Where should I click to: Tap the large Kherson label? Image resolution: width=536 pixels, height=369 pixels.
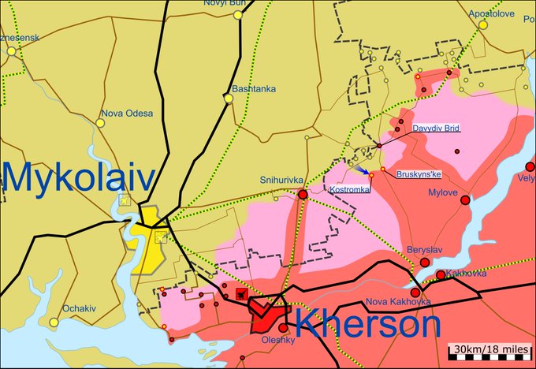tap(367, 324)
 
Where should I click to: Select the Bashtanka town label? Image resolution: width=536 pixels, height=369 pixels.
tap(253, 88)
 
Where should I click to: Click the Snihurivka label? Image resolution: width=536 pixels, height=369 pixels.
tap(279, 181)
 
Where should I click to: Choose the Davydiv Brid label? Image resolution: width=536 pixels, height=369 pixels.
tap(437, 128)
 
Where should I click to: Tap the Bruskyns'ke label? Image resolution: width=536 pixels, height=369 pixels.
tap(419, 173)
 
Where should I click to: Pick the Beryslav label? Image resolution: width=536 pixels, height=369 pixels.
tap(425, 250)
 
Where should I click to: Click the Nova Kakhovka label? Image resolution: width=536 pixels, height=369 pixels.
tap(398, 302)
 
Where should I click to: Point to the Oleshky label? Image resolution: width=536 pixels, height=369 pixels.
tap(277, 340)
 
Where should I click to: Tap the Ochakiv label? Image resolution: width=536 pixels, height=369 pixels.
tap(79, 308)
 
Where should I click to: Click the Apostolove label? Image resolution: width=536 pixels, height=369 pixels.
tap(492, 13)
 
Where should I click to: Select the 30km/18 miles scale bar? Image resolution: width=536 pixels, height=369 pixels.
tap(489, 350)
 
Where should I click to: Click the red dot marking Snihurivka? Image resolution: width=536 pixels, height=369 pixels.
tap(303, 193)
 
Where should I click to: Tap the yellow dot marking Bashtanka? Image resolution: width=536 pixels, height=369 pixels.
tap(229, 99)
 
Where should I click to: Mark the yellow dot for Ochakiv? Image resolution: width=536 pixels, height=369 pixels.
tap(54, 322)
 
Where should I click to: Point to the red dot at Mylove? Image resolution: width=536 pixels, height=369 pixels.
tap(465, 200)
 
